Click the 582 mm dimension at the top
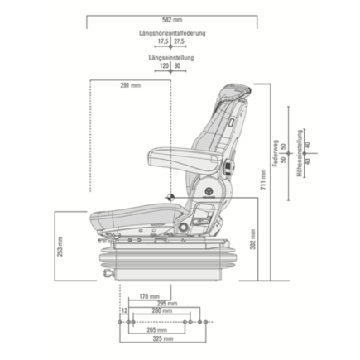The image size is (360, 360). click(173, 18)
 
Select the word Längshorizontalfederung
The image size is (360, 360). click(172, 33)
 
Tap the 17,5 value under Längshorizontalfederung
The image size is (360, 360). click(163, 41)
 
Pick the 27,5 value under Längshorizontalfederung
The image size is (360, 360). click(180, 41)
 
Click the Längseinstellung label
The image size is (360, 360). click(171, 58)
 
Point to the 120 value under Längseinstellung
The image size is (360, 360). click(164, 65)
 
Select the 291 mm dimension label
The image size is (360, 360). click(130, 85)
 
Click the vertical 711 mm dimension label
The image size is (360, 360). click(263, 180)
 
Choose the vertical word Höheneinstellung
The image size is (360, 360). click(300, 154)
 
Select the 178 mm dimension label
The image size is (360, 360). click(149, 295)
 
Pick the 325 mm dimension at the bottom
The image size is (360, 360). click(162, 339)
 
